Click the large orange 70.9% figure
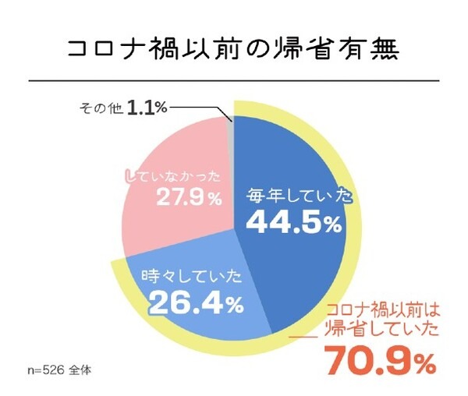379,360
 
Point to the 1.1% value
148,106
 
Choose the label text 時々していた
189,276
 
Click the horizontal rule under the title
234,80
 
